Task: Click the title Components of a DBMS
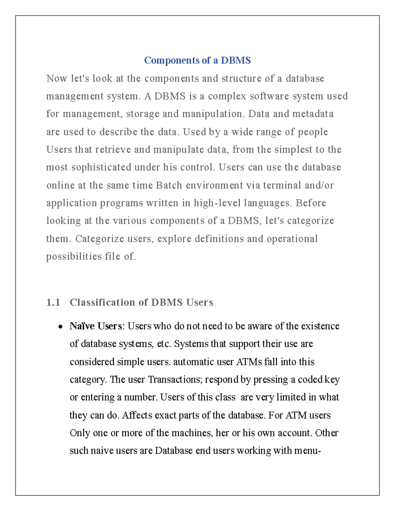click(x=197, y=61)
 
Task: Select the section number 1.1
click(x=53, y=302)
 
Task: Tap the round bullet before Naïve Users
click(x=60, y=327)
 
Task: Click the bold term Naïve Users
click(x=96, y=326)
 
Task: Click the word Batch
click(x=169, y=185)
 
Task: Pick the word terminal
click(x=282, y=185)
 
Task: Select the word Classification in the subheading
click(x=102, y=302)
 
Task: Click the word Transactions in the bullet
click(x=174, y=380)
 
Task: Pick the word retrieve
click(x=113, y=150)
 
